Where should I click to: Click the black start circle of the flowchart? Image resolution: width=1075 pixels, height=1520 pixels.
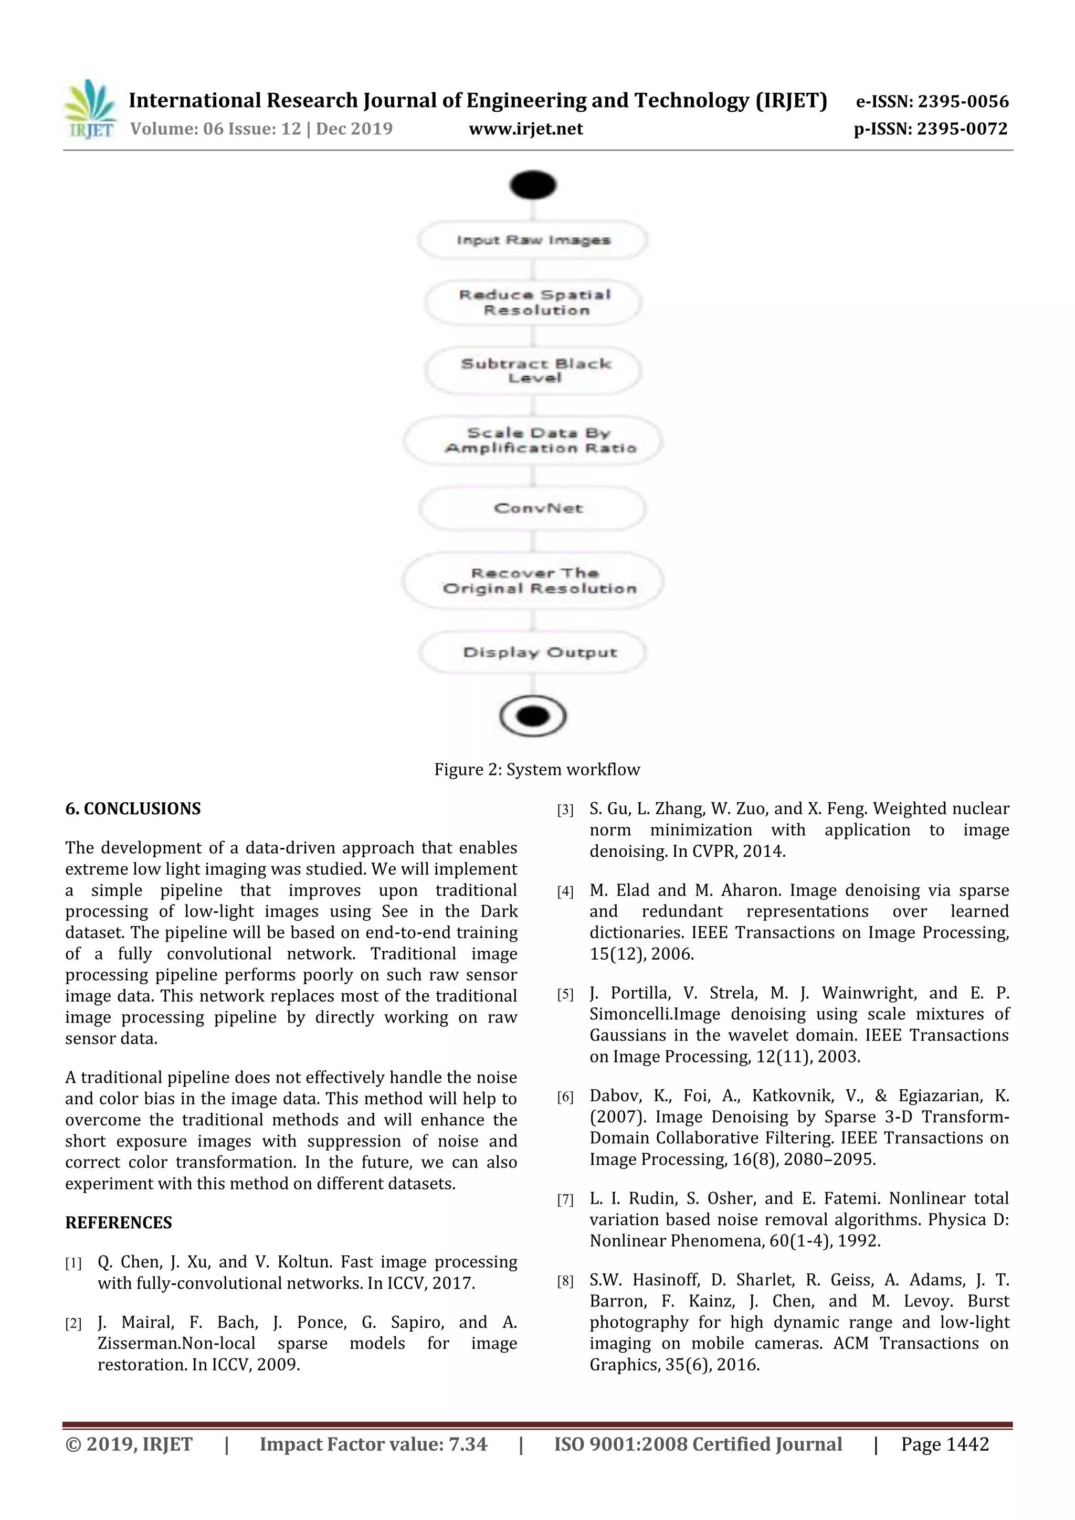[x=533, y=185]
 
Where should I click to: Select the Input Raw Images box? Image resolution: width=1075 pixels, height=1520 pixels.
[x=533, y=240]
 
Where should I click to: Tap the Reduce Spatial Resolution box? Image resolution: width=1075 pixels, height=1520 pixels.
[x=534, y=303]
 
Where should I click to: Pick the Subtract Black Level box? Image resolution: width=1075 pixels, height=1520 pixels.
[x=534, y=371]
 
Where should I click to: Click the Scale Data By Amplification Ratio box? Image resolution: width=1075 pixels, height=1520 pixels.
[x=534, y=440]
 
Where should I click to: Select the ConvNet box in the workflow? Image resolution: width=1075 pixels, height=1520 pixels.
[x=534, y=508]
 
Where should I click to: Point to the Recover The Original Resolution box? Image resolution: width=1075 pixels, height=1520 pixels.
[x=534, y=581]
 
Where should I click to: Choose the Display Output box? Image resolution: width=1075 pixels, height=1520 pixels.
[x=534, y=652]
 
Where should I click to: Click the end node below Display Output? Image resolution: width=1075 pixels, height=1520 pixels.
[x=533, y=716]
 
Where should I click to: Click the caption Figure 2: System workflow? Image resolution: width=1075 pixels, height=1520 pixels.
[x=536, y=769]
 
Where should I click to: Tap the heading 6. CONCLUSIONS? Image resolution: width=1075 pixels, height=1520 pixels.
[x=132, y=809]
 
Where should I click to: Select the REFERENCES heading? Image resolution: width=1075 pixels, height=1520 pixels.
[x=119, y=1222]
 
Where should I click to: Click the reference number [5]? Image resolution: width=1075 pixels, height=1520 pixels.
[x=565, y=994]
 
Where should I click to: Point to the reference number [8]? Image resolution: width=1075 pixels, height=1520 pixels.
[x=565, y=1282]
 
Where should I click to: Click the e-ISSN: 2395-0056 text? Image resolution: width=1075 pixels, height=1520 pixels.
[x=932, y=101]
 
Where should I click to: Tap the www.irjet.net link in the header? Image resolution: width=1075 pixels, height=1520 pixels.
[x=526, y=129]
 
